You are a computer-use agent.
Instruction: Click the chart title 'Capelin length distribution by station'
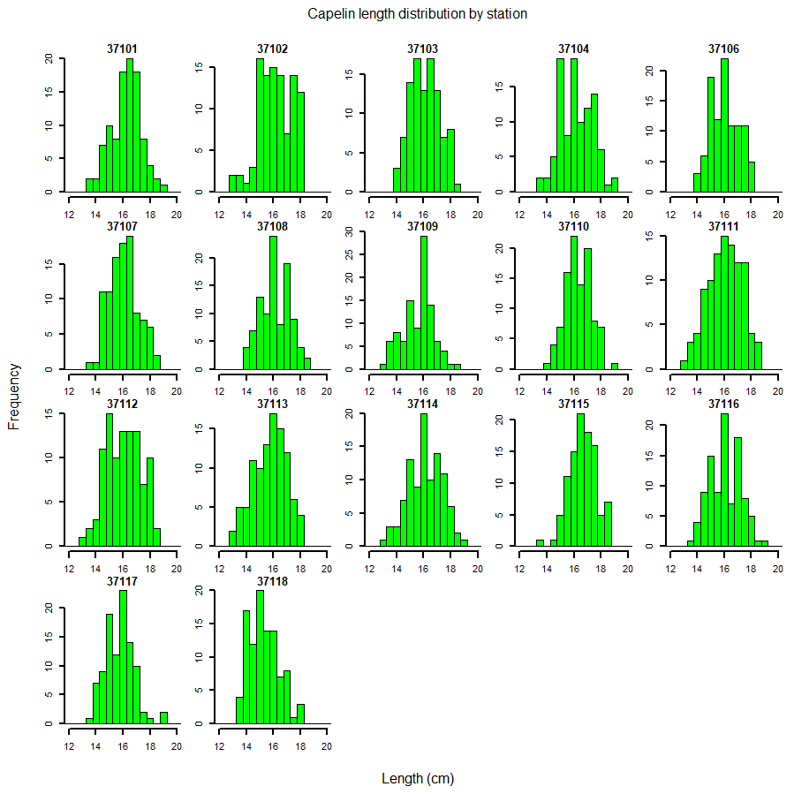418,14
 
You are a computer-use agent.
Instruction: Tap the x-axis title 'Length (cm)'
418,779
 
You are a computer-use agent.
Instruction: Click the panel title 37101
122,49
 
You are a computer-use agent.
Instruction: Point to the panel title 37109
422,226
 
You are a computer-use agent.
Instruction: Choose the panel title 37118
272,581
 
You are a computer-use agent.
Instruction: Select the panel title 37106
723,49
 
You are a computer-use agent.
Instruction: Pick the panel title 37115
573,404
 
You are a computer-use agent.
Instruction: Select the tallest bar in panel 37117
123,657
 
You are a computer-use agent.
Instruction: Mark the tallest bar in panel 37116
724,480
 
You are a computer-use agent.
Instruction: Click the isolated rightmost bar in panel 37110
614,366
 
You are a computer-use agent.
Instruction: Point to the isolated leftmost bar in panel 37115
540,542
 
